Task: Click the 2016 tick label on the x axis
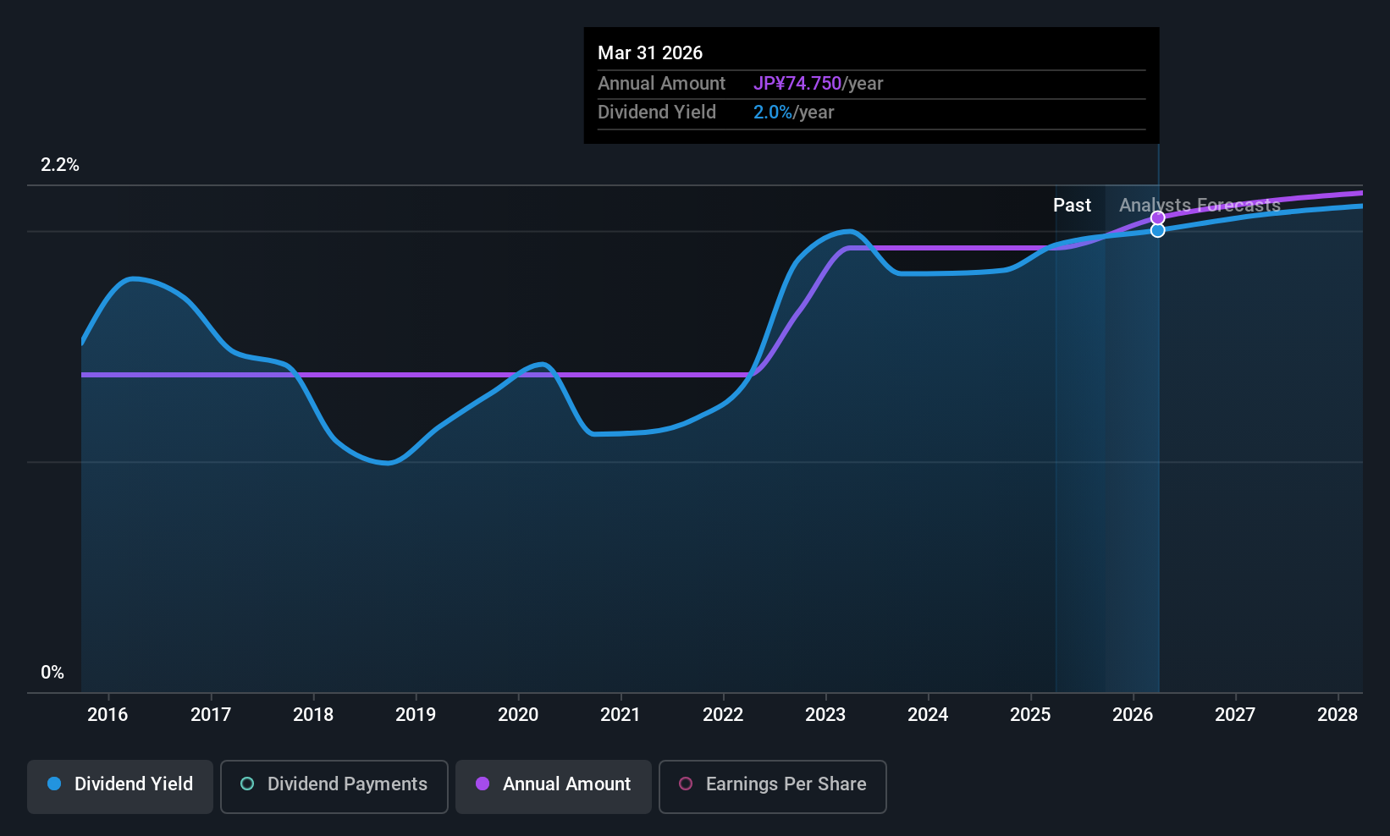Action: click(108, 715)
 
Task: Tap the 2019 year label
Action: click(416, 715)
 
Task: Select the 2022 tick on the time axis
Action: click(723, 715)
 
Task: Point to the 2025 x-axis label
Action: click(1030, 715)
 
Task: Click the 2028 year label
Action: click(1338, 715)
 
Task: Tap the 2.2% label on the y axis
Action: click(60, 165)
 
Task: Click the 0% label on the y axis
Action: click(52, 673)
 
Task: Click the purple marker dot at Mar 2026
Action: click(1158, 217)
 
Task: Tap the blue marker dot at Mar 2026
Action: click(1158, 230)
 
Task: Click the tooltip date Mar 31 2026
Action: click(650, 53)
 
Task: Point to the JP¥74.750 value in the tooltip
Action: click(797, 84)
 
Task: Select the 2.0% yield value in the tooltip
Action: click(773, 113)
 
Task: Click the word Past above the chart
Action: click(1072, 206)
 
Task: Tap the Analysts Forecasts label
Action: click(1200, 206)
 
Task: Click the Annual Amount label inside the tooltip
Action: click(661, 84)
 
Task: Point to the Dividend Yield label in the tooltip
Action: click(657, 113)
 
